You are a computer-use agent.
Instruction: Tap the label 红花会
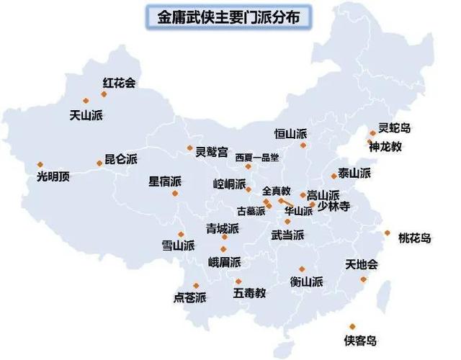click(x=120, y=83)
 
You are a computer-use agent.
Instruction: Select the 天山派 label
click(x=85, y=114)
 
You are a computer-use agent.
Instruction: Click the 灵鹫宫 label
click(x=212, y=152)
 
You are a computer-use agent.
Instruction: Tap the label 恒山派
click(x=290, y=134)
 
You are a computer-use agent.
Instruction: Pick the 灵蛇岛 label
click(x=395, y=128)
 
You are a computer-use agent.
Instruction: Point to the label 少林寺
click(x=334, y=207)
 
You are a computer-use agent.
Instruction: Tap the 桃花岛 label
click(x=414, y=238)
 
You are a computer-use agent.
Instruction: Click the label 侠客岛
click(x=360, y=341)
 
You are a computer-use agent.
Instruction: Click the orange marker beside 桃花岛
click(x=388, y=233)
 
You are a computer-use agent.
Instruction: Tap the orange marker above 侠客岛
click(x=352, y=326)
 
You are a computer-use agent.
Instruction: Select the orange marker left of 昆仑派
click(x=99, y=163)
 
